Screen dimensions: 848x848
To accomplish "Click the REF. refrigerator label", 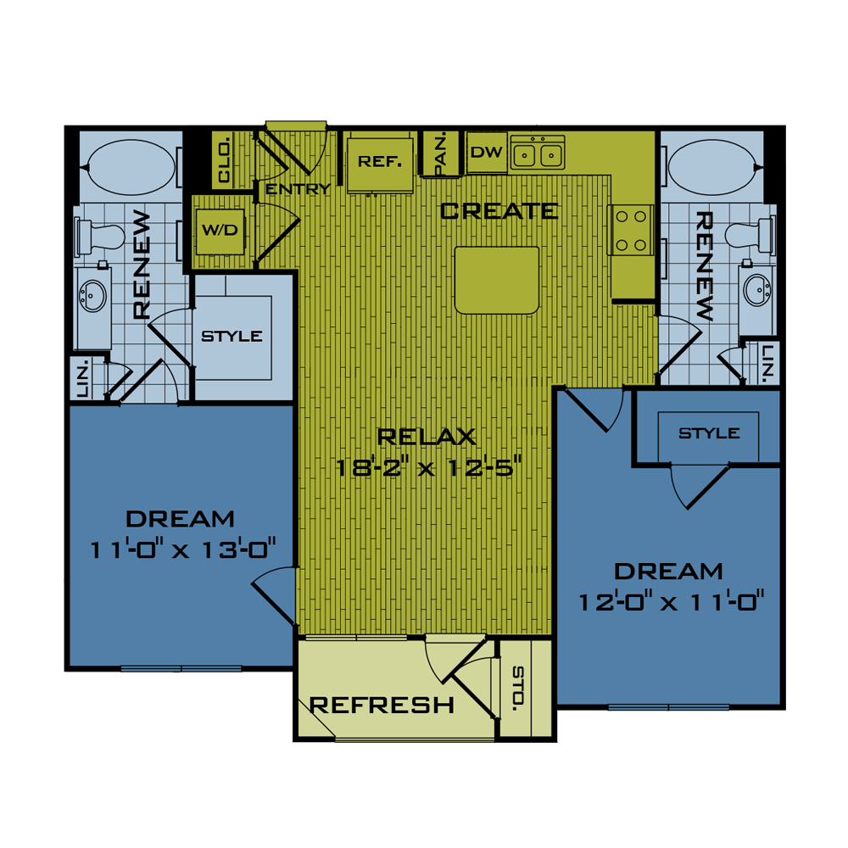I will pyautogui.click(x=379, y=161).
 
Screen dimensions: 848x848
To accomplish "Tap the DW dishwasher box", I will pyautogui.click(x=487, y=153).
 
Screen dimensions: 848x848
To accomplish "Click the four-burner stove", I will pyautogui.click(x=631, y=230).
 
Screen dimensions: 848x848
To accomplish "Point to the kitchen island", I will pyautogui.click(x=497, y=280).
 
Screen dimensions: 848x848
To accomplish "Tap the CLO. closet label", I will pyautogui.click(x=225, y=161).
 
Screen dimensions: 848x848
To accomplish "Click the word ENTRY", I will pyautogui.click(x=298, y=189).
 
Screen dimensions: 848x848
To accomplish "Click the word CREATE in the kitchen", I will pyautogui.click(x=499, y=210).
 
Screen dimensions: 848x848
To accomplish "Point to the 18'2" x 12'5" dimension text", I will pyautogui.click(x=426, y=466).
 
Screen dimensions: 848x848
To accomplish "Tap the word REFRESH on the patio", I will pyautogui.click(x=382, y=705).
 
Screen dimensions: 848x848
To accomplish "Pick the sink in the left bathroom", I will pyautogui.click(x=92, y=295).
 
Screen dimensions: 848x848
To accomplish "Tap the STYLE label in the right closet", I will pyautogui.click(x=709, y=433).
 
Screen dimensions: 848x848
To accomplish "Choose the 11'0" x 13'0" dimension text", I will pyautogui.click(x=184, y=549).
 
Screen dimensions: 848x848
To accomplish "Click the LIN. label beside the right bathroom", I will pyautogui.click(x=768, y=362).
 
